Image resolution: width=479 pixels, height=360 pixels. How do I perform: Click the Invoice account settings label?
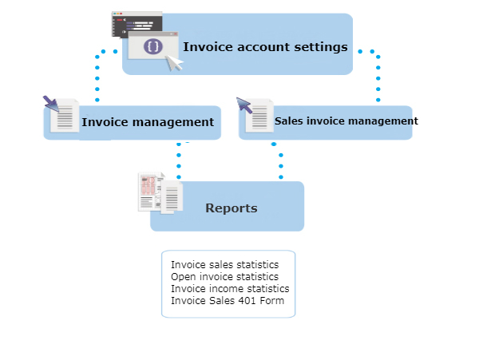click(x=265, y=46)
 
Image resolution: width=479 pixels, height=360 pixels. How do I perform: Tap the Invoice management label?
click(x=148, y=122)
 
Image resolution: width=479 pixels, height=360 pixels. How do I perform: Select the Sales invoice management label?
click(x=346, y=121)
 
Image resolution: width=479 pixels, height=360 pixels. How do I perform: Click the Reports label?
click(x=232, y=208)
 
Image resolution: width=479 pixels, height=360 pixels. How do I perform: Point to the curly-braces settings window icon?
click(x=153, y=46)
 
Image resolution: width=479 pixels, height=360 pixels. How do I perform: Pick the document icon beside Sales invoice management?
click(x=259, y=117)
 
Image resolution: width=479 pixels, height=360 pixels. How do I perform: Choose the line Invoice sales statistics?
click(x=224, y=264)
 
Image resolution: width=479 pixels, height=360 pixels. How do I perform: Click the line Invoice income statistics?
click(x=230, y=288)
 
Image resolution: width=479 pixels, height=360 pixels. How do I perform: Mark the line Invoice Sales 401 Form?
click(x=228, y=301)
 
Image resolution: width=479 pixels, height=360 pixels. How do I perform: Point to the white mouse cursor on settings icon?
click(x=173, y=61)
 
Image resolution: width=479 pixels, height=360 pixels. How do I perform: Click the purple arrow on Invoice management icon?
click(x=50, y=103)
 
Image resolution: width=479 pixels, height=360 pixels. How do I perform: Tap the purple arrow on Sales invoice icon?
click(x=243, y=105)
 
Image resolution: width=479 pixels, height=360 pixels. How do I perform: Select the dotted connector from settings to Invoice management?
click(x=97, y=76)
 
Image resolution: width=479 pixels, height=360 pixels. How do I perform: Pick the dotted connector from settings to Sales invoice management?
click(x=378, y=76)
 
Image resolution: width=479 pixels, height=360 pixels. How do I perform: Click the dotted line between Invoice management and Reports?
click(x=178, y=160)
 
